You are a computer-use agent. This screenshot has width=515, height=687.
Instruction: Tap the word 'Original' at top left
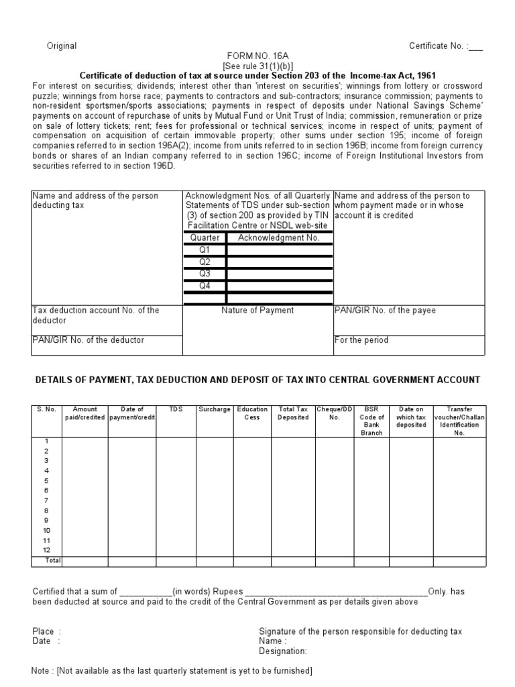coord(61,46)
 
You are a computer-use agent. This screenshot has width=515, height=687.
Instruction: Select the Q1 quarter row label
coord(205,250)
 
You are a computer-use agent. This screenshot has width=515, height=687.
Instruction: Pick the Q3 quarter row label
coord(205,274)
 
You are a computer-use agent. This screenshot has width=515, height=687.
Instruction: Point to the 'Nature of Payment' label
coord(257,311)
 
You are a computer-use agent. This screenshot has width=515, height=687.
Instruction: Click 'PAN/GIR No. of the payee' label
coord(384,311)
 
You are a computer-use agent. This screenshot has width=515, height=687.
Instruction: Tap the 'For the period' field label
coord(361,340)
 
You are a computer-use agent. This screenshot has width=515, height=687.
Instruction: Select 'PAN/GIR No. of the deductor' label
coord(88,340)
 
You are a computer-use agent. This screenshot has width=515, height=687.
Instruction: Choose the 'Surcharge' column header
coord(214,409)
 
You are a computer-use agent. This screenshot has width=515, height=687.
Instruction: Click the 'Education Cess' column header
coord(252,413)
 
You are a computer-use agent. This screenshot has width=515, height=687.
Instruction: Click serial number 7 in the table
coord(47,500)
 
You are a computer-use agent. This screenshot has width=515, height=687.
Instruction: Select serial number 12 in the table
coord(47,550)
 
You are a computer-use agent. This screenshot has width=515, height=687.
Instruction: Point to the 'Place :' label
coord(46,631)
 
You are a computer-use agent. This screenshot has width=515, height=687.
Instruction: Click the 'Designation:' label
coord(282,651)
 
